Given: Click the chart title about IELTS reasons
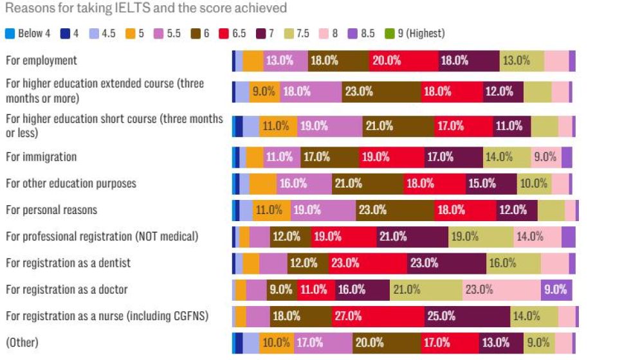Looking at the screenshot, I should click(146, 8).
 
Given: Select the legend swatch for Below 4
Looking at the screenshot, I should click(8, 33).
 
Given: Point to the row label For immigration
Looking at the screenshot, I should click(41, 157).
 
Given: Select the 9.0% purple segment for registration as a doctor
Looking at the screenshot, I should click(556, 290).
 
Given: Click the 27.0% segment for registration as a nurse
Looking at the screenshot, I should click(378, 316).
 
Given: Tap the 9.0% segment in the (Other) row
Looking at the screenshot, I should click(539, 343).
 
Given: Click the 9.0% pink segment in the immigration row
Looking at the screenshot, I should click(546, 157).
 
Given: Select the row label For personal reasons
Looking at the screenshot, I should click(51, 210).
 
